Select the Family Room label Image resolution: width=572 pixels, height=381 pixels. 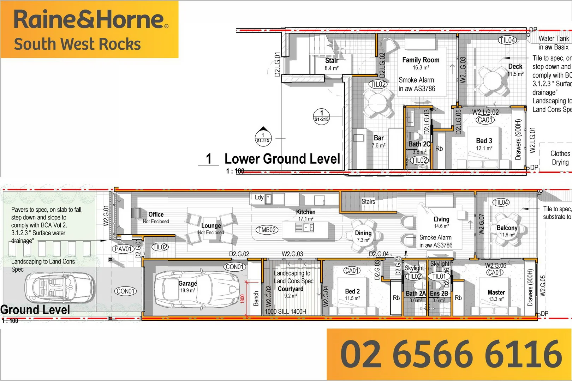(421, 60)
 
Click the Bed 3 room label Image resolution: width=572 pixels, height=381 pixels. (484, 141)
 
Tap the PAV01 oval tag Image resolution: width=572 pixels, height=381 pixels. (123, 249)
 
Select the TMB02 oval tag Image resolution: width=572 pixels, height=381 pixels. (267, 230)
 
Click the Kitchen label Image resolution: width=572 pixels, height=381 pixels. (306, 212)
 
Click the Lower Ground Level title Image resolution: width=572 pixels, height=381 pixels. (282, 159)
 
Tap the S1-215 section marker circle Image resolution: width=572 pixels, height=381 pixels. (321, 116)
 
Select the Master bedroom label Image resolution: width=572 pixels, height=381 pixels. (496, 292)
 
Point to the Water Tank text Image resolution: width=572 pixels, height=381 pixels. (554, 38)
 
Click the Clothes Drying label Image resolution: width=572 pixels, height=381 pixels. (560, 158)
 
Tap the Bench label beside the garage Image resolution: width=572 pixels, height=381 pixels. (256, 298)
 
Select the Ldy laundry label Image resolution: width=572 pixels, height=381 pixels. (259, 197)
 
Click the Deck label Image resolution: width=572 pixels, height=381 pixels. (515, 66)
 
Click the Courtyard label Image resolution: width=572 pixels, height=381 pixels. (290, 289)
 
